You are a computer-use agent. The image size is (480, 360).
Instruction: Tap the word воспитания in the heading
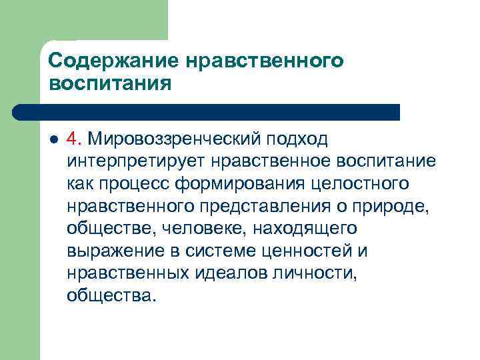(x=110, y=84)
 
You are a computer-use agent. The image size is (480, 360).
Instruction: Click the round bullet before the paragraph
(x=53, y=140)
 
